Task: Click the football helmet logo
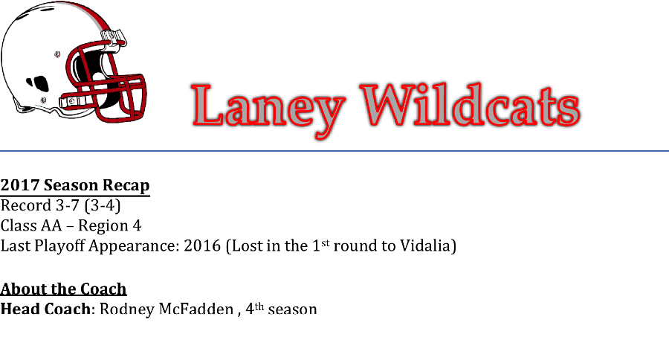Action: tap(74, 62)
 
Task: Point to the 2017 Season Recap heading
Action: tap(75, 185)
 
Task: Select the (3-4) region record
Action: tap(103, 205)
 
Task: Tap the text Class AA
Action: tap(31, 225)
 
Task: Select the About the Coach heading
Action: tap(64, 289)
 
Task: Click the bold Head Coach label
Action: tap(45, 309)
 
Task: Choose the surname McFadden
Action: tap(196, 309)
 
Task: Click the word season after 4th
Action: tap(292, 309)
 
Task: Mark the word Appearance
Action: tap(134, 246)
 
